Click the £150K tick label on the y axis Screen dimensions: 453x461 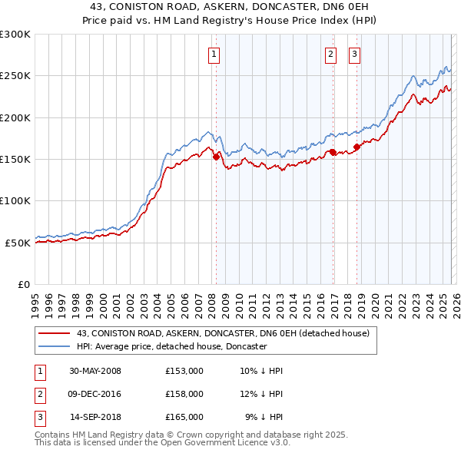coord(15,160)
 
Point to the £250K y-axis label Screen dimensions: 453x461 coord(15,76)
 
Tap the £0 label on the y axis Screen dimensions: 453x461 coord(23,285)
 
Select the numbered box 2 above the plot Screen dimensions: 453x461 coord(330,54)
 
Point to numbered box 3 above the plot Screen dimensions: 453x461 coord(354,54)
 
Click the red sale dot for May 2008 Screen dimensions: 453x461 coord(216,157)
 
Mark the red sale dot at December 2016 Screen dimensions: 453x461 coord(332,153)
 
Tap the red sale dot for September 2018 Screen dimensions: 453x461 coord(357,147)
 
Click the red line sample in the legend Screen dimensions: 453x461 coord(55,333)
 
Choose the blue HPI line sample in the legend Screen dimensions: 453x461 coord(55,346)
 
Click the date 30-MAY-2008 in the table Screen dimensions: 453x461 coord(95,371)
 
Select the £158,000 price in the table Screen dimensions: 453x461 coord(184,394)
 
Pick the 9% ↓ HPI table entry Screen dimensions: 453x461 coord(264,417)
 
